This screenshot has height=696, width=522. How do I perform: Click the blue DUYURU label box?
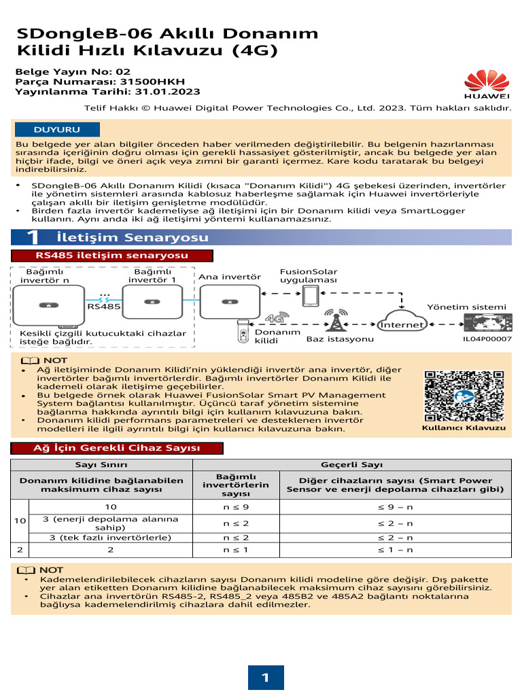pos(57,129)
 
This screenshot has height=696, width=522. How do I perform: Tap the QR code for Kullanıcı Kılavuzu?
pos(464,395)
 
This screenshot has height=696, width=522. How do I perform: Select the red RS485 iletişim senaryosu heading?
pos(112,256)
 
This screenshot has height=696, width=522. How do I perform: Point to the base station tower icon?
pos(334,320)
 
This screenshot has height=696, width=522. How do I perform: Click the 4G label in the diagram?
pos(274,317)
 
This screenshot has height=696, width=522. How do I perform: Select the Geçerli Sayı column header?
pos(352,465)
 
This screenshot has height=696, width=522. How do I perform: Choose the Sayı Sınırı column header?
pos(101,465)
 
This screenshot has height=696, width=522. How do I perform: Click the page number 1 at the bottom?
pos(264,677)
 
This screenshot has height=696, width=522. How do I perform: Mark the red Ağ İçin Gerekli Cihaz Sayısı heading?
pos(116,448)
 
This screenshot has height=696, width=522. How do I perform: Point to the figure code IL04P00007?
pos(487,338)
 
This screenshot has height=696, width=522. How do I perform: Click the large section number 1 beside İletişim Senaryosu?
pos(32,237)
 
